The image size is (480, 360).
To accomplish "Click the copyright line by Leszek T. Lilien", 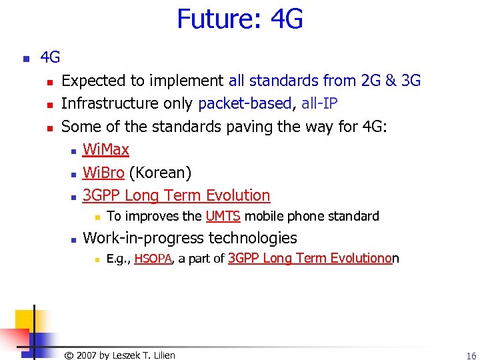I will (119, 355).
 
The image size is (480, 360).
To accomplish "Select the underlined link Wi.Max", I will (105, 149).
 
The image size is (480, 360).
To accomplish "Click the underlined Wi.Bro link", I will (103, 173).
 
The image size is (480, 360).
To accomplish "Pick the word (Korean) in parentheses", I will (160, 173).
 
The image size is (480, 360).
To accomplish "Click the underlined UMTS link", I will (223, 216).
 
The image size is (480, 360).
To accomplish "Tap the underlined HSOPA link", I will (153, 259).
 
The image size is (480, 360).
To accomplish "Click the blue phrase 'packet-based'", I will (245, 103).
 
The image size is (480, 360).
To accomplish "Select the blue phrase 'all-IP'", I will (319, 103).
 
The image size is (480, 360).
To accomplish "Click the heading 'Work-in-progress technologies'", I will (190, 237).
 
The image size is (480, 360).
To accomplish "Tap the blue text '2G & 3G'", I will (390, 81).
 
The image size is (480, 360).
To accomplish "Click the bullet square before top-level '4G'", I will (26, 59).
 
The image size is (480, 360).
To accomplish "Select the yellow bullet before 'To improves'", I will (96, 217).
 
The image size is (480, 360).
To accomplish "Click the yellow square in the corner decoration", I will (20, 319).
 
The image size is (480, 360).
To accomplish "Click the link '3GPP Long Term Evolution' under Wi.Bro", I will (176, 195).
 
